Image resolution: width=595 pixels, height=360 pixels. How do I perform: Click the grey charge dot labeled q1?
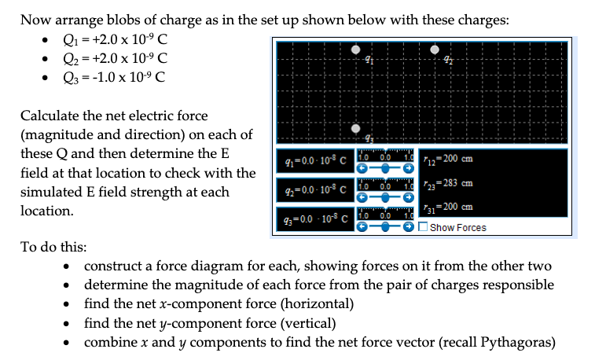pyautogui.click(x=356, y=50)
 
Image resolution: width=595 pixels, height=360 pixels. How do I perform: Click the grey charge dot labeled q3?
pyautogui.click(x=356, y=128)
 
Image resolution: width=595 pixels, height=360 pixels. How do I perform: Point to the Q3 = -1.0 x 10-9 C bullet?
pyautogui.click(x=115, y=77)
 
